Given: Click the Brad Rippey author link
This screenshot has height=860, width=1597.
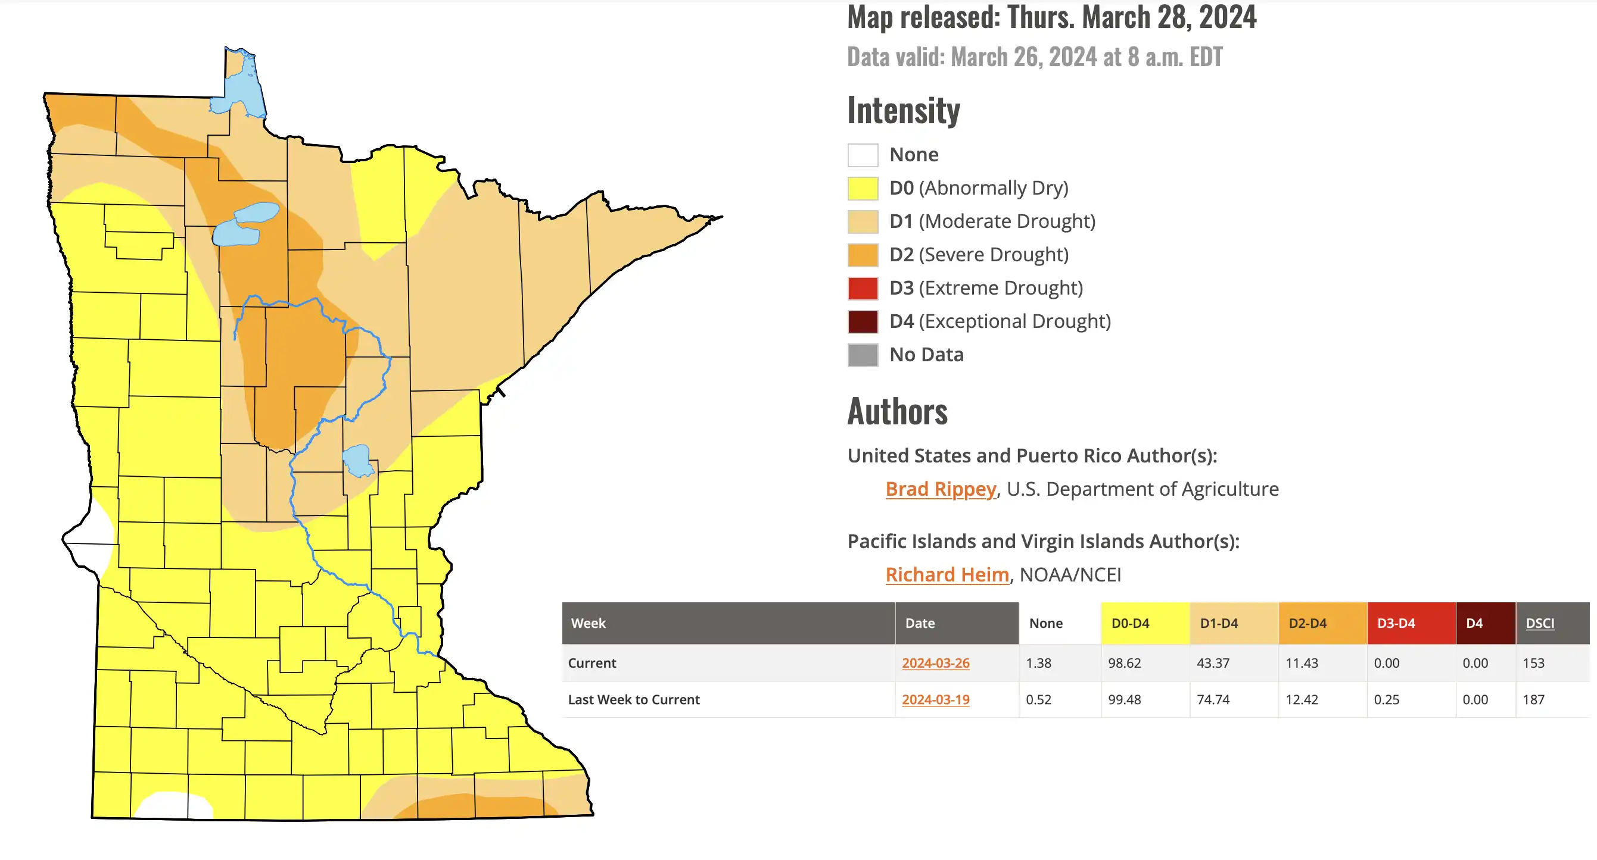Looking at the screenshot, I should (941, 489).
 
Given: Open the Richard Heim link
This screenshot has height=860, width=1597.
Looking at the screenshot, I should (947, 574).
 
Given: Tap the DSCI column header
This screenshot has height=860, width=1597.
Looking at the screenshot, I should (1539, 623).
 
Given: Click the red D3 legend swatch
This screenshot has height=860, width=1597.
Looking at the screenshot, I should (863, 288).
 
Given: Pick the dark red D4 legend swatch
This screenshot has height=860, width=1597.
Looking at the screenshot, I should (863, 321).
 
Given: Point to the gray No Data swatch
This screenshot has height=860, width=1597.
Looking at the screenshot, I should (863, 355).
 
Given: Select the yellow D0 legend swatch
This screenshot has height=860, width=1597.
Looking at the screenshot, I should (863, 188).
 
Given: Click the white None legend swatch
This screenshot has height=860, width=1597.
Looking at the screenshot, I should (863, 155).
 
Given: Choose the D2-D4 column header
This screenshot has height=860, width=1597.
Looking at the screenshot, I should (1307, 623).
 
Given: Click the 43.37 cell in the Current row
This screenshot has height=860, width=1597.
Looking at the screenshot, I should (1213, 663).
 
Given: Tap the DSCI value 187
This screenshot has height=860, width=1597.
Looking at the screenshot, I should (1533, 699).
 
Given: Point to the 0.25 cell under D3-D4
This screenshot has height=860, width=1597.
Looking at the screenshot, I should (1386, 699).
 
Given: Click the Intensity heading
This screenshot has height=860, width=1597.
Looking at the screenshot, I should (903, 111).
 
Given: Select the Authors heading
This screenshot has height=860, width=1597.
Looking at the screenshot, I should (897, 411).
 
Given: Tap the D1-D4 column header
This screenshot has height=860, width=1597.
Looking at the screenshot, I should (1218, 623).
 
